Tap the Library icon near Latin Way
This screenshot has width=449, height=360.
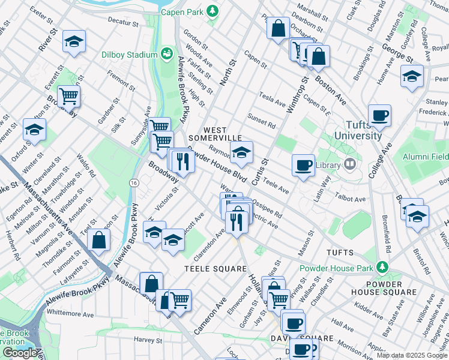(350, 164)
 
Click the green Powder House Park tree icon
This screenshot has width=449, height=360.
(379, 268)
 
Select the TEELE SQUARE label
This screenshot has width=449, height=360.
(215, 268)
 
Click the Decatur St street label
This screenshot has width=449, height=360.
(123, 22)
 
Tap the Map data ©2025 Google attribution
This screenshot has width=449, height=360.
(412, 355)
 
